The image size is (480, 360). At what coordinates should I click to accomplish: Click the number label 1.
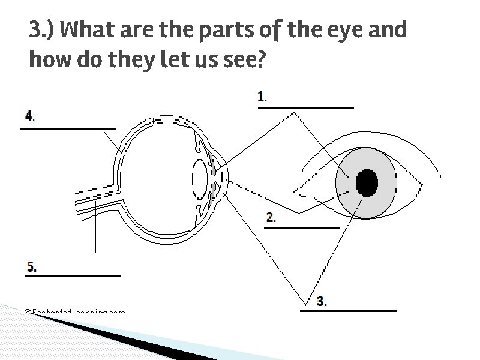(x=262, y=97)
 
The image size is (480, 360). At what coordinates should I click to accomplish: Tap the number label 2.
(x=271, y=218)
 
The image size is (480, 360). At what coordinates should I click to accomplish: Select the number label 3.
(x=322, y=301)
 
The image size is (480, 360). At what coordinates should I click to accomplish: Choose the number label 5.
(x=31, y=266)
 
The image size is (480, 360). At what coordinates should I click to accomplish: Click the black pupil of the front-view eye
(x=367, y=182)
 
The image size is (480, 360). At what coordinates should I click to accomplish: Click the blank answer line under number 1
(x=305, y=108)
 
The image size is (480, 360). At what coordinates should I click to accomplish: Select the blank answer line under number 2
(x=302, y=228)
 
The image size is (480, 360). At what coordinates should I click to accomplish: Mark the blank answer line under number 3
(x=348, y=311)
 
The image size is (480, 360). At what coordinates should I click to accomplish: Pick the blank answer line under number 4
(x=68, y=128)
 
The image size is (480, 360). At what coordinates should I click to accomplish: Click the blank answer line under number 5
(x=73, y=275)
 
